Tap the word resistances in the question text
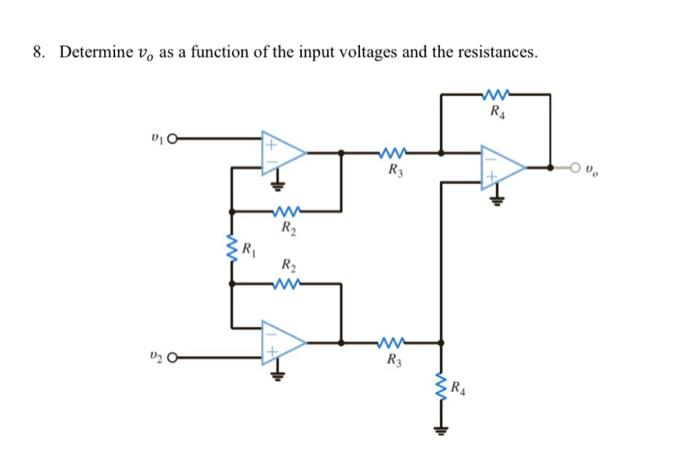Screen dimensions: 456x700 (x=496, y=52)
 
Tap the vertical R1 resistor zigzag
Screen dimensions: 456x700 (x=232, y=246)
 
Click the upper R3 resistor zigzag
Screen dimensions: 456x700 (x=392, y=153)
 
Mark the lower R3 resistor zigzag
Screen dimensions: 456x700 (x=392, y=344)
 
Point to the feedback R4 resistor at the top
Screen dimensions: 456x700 (x=496, y=96)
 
